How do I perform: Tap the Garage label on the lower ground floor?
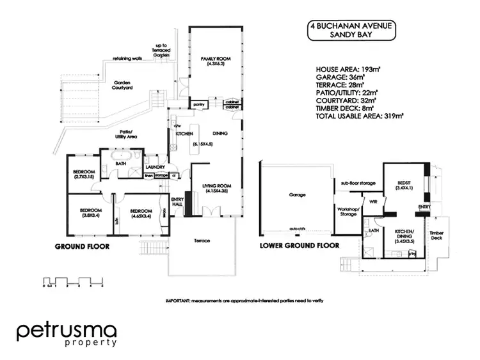297,194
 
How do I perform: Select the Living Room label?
211,188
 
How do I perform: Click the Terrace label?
202,241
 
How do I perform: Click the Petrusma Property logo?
67,334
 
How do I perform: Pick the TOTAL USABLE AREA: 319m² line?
361,116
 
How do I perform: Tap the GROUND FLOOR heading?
81,246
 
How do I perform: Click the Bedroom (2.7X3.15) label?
84,174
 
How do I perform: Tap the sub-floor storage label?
357,182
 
